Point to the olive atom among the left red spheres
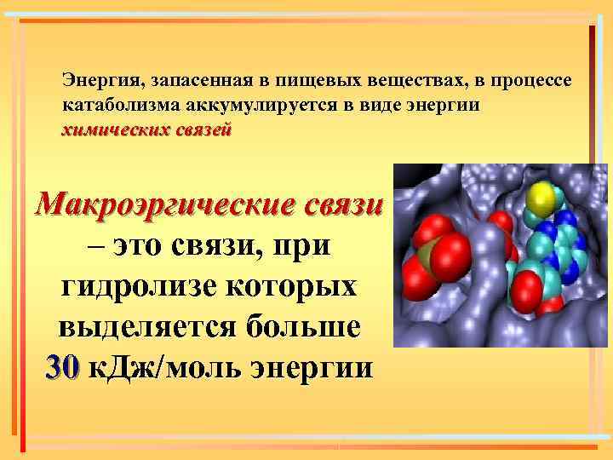(x=427, y=253)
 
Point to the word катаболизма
(x=114, y=106)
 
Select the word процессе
(x=536, y=82)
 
